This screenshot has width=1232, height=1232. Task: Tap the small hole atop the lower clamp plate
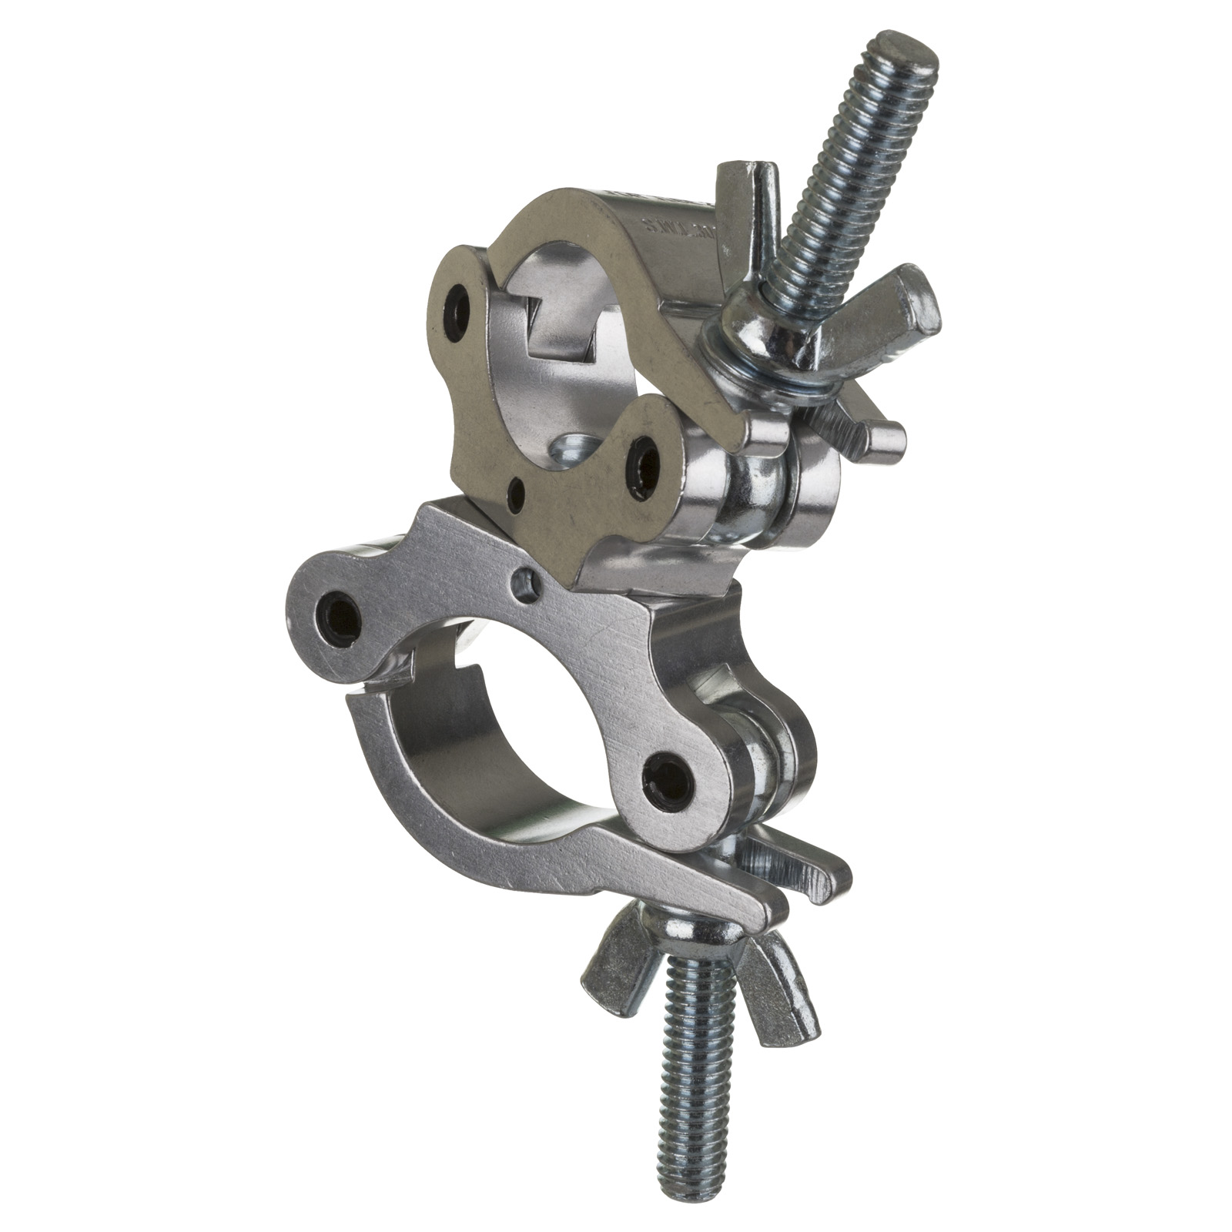pos(527,576)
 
